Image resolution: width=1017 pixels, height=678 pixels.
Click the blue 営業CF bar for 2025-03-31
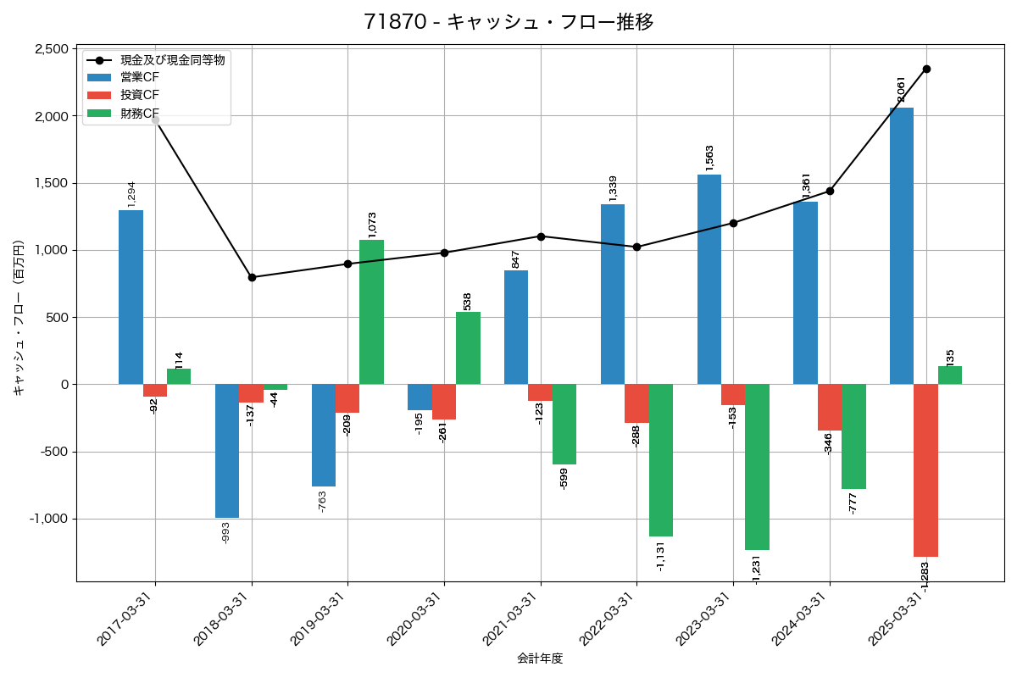click(902, 246)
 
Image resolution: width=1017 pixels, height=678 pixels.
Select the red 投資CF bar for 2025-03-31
click(925, 470)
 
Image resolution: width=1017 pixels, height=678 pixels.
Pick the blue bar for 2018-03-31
click(227, 451)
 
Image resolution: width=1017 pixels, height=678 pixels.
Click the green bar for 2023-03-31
click(757, 467)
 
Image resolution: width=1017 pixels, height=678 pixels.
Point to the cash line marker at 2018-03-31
click(252, 277)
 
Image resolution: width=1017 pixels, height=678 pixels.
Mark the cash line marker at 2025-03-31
click(926, 69)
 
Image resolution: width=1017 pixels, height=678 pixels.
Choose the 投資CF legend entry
click(140, 95)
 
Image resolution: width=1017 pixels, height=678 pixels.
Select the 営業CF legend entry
click(140, 77)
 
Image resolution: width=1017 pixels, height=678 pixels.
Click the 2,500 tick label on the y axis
click(52, 49)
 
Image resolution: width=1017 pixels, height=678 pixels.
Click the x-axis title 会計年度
click(540, 659)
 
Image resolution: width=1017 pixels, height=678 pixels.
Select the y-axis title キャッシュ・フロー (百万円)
click(19, 318)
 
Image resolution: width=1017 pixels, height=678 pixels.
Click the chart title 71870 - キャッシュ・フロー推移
click(508, 22)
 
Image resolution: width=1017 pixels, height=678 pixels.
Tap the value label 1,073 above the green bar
click(372, 224)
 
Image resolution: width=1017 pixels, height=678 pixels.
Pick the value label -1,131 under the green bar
click(661, 556)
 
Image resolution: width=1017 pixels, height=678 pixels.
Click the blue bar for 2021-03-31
click(516, 327)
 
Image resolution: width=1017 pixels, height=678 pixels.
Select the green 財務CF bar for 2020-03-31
click(468, 348)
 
